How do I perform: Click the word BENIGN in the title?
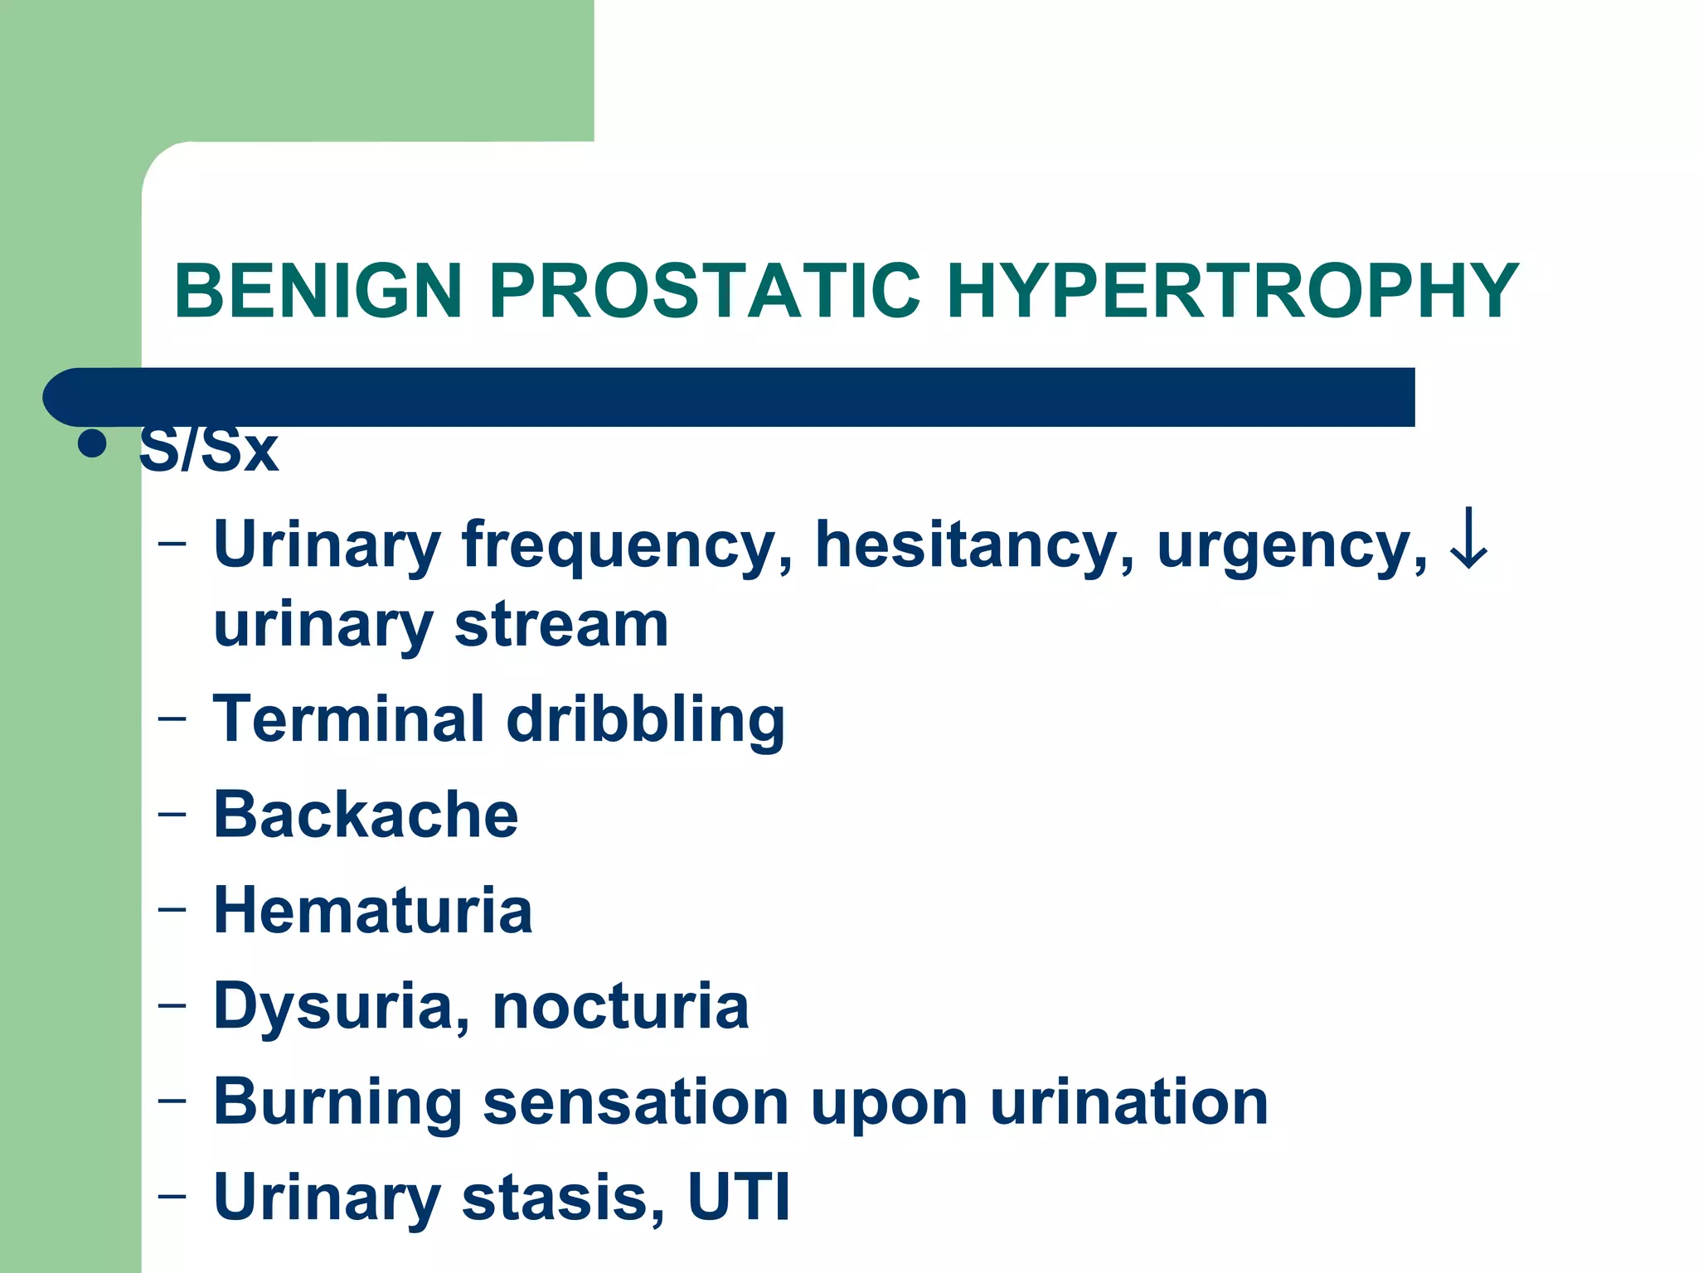318,291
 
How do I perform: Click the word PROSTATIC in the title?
705,291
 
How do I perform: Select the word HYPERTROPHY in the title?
1232,291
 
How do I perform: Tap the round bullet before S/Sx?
92,444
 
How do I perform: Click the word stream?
561,626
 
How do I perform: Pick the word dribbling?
645,721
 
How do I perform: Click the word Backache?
366,815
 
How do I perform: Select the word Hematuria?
373,910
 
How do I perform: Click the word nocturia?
621,1006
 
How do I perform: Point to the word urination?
1128,1102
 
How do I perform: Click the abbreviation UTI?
739,1198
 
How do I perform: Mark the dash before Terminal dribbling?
172,718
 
